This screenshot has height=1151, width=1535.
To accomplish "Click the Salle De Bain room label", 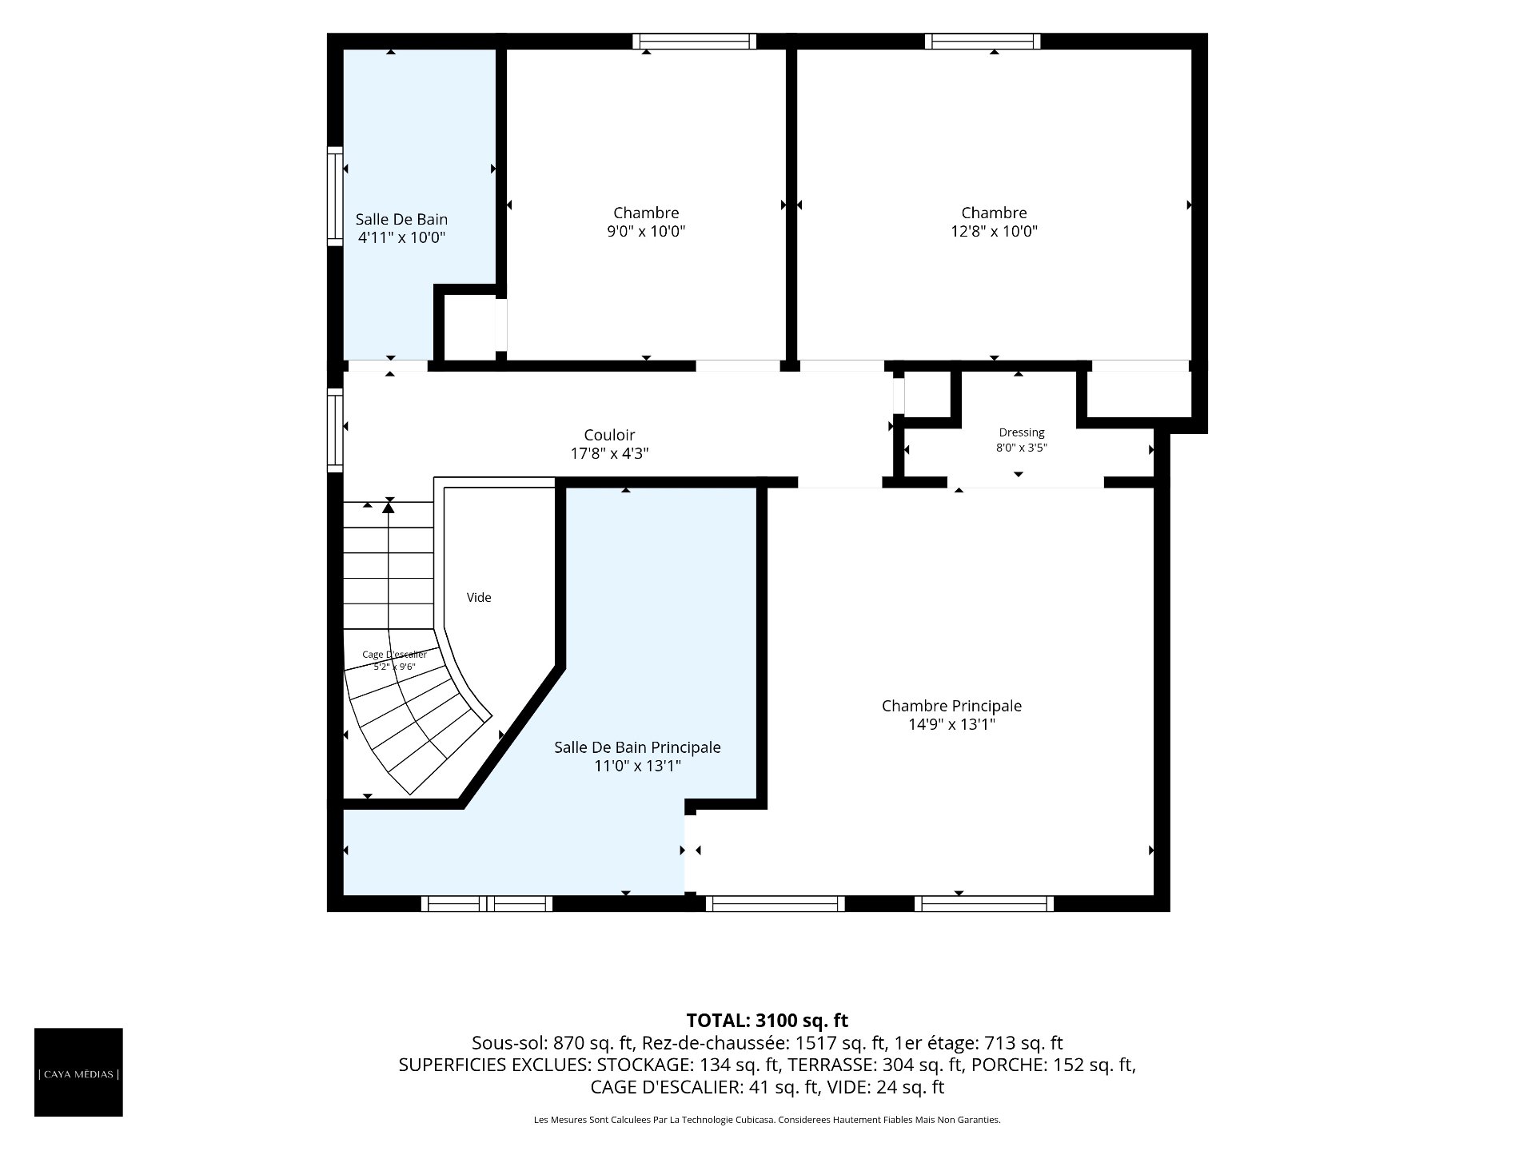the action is tap(401, 219).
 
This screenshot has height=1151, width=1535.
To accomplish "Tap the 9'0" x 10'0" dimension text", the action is tap(646, 232).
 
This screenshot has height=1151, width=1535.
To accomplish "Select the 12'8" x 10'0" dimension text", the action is tap(994, 232).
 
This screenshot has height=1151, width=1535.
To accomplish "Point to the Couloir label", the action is tap(609, 435).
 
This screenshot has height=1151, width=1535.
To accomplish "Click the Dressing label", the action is tap(1022, 432).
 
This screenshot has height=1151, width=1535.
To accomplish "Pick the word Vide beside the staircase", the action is tap(479, 597).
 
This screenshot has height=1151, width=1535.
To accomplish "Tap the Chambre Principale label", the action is tap(951, 706).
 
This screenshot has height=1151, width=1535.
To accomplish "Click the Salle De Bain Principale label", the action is tap(637, 747).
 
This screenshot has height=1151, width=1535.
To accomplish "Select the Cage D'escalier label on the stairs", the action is tap(394, 655).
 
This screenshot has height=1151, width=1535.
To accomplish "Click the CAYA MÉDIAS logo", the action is tap(78, 1072).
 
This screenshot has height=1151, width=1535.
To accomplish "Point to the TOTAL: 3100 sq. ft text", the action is tap(767, 1021).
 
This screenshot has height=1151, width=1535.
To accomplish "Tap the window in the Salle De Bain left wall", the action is tap(335, 196).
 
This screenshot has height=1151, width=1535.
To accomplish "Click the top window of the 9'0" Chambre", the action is tap(694, 41).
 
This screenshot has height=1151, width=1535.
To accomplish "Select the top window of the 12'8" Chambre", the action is tap(983, 41).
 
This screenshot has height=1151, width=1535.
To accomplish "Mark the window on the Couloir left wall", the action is tap(335, 430).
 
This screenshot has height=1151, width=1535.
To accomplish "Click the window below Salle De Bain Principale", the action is tap(487, 904).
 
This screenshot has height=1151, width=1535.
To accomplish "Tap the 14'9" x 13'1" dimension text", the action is tap(951, 725).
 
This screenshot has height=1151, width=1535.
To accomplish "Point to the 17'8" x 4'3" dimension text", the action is tap(609, 454).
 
